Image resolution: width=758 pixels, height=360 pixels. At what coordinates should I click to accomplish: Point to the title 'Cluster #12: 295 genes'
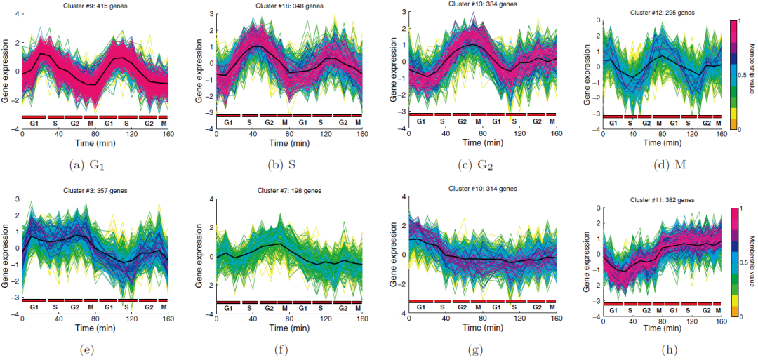658,12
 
